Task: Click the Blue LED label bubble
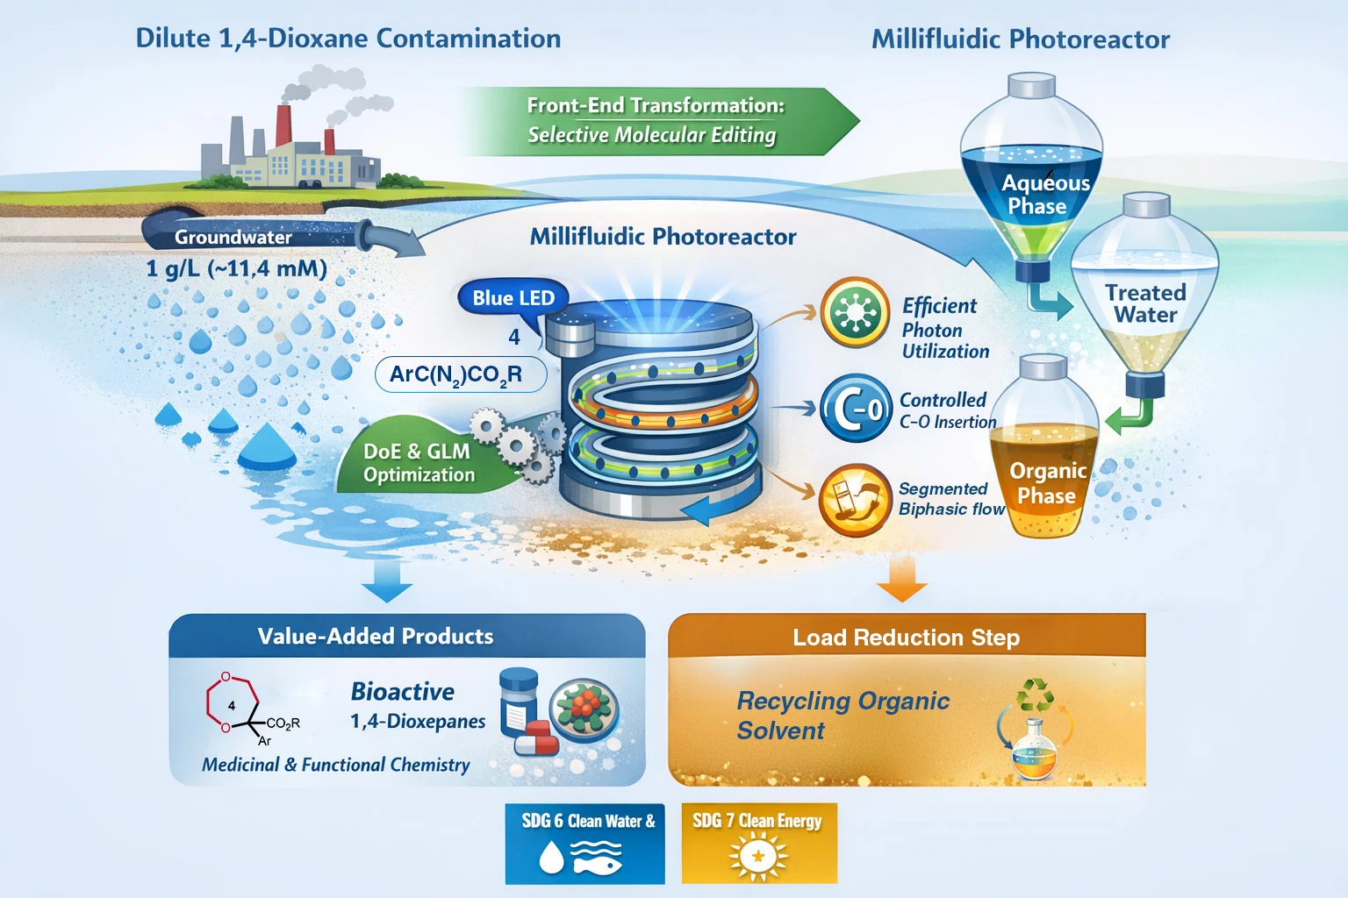tap(513, 298)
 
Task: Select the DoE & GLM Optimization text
tap(419, 462)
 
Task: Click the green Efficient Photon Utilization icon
tap(855, 312)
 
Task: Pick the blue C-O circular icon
tap(855, 409)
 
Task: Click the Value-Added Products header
tap(376, 636)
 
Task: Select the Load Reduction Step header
tap(906, 638)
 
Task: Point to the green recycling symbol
tap(1036, 695)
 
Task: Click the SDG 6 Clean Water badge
tap(584, 844)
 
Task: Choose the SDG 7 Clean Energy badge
tap(758, 844)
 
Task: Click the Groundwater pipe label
tap(233, 237)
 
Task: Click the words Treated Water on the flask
tap(1145, 303)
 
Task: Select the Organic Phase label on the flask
tap(1047, 483)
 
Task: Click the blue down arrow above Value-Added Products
tap(387, 581)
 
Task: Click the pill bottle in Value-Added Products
tap(518, 702)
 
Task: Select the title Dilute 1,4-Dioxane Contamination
tap(348, 39)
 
